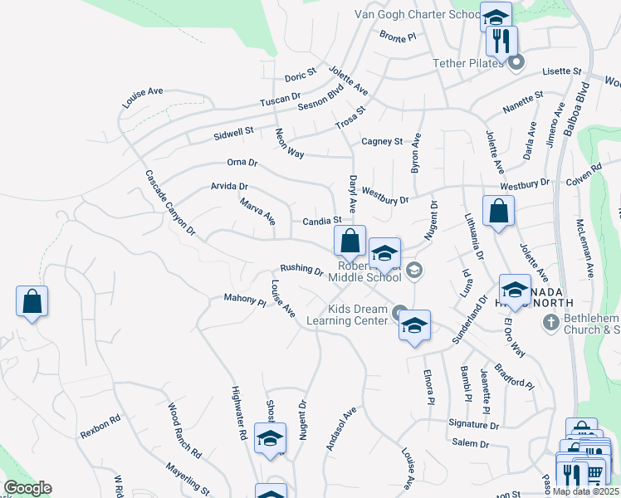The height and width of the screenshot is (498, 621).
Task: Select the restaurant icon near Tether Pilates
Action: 501,41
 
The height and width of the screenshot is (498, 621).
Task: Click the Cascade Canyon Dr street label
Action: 169,202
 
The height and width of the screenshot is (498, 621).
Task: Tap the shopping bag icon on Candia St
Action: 350,242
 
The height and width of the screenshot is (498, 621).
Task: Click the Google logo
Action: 27,488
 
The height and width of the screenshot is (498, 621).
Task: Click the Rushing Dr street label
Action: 301,269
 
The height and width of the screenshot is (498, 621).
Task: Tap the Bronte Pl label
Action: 397,36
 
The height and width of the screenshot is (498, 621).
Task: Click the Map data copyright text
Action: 585,491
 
